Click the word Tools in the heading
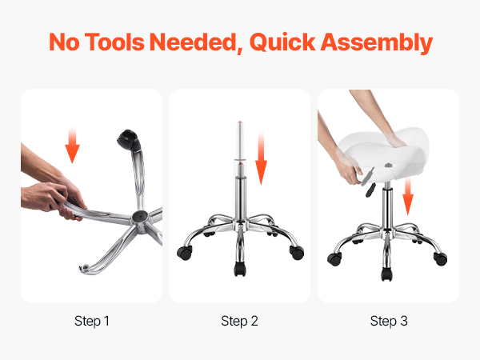pyautogui.click(x=114, y=42)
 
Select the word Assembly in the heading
pyautogui.click(x=377, y=42)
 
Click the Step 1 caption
pyautogui.click(x=92, y=321)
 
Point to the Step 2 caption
pyautogui.click(x=239, y=321)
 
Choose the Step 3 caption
pyautogui.click(x=389, y=321)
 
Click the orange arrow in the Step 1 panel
pyautogui.click(x=72, y=145)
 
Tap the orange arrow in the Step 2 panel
pyautogui.click(x=261, y=158)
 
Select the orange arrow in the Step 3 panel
pyautogui.click(x=408, y=196)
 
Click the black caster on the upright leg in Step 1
pyautogui.click(x=129, y=140)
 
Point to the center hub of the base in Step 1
pyautogui.click(x=140, y=217)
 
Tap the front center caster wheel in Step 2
pyautogui.click(x=240, y=269)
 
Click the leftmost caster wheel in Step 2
pyautogui.click(x=185, y=253)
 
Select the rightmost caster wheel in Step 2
pyautogui.click(x=297, y=252)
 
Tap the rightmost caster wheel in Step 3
pyautogui.click(x=441, y=258)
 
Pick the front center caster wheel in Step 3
pyautogui.click(x=386, y=274)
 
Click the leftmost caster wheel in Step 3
pyautogui.click(x=334, y=259)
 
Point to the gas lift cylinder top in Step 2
pyautogui.click(x=240, y=122)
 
